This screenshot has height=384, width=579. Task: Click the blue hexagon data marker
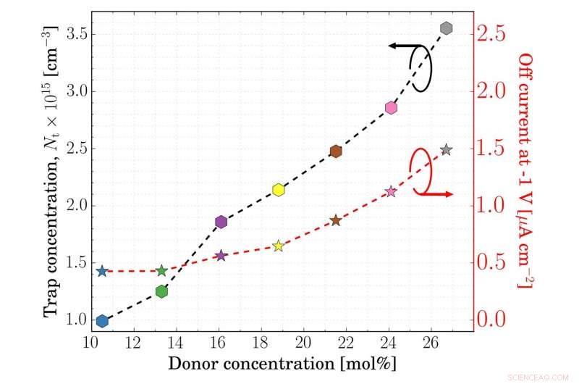pyautogui.click(x=102, y=321)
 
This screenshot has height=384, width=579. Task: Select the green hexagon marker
pyautogui.click(x=162, y=291)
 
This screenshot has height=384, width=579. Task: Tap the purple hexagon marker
pyautogui.click(x=221, y=222)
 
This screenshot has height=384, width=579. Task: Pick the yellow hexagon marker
pyautogui.click(x=279, y=190)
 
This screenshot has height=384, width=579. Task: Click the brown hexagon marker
pyautogui.click(x=336, y=151)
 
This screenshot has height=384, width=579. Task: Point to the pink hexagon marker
pyautogui.click(x=391, y=107)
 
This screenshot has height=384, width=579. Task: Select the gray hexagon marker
pyautogui.click(x=447, y=28)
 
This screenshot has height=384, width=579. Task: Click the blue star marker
pyautogui.click(x=102, y=271)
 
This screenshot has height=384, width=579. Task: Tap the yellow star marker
pyautogui.click(x=279, y=246)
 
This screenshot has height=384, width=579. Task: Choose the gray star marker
pyautogui.click(x=447, y=150)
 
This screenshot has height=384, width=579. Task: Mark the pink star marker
pyautogui.click(x=391, y=191)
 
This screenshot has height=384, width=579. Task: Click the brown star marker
pyautogui.click(x=336, y=220)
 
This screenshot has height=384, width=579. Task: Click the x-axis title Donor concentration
pyautogui.click(x=282, y=361)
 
